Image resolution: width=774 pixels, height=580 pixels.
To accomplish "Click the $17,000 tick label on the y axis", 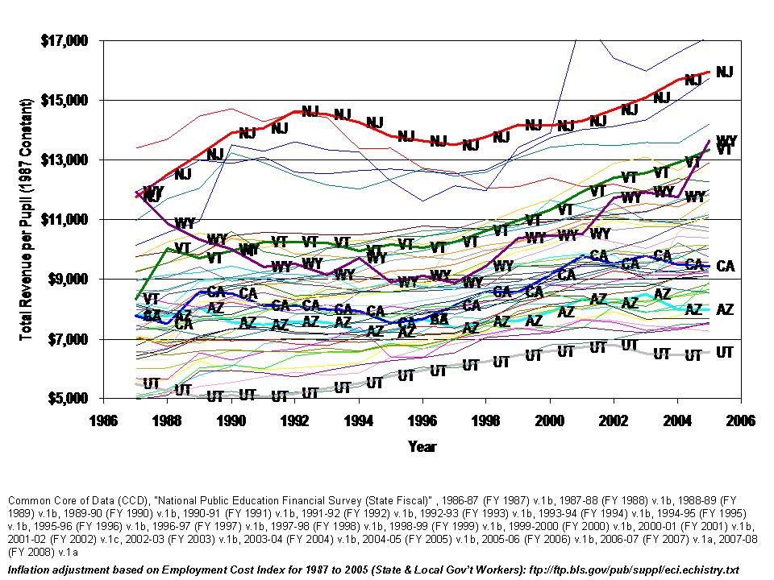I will pos(65,40).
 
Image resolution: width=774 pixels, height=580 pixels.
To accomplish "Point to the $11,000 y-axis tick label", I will pos(65,219).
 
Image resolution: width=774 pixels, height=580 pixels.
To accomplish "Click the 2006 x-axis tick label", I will pos(739,420).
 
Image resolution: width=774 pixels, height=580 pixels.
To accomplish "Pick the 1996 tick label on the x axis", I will pos(421,420).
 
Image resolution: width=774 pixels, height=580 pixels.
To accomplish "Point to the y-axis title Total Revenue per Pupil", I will pos(26,219).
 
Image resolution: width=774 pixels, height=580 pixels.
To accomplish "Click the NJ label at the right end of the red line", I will pos(725,72).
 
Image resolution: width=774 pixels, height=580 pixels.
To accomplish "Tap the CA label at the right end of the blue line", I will pos(725,266).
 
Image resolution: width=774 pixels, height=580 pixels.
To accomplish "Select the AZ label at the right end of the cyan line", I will pos(725,309).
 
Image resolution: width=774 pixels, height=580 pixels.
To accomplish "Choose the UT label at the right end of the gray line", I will pos(725,352).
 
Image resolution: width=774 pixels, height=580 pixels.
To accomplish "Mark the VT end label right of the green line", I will pos(725,150).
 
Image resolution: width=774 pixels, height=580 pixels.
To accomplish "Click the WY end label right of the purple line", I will pos(726,140).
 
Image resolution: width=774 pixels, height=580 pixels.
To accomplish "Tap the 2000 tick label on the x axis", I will pos(548,420).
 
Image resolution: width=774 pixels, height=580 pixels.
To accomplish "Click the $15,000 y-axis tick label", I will pos(65,100).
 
